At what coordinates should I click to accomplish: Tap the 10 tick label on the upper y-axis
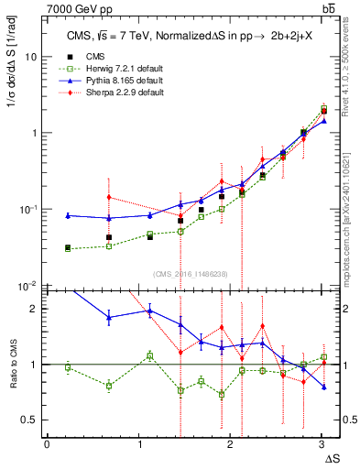coord(31,56)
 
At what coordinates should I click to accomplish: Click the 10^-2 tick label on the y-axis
coord(29,285)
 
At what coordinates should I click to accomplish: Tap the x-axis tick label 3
coord(322,444)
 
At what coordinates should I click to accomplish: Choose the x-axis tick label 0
coord(47,444)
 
